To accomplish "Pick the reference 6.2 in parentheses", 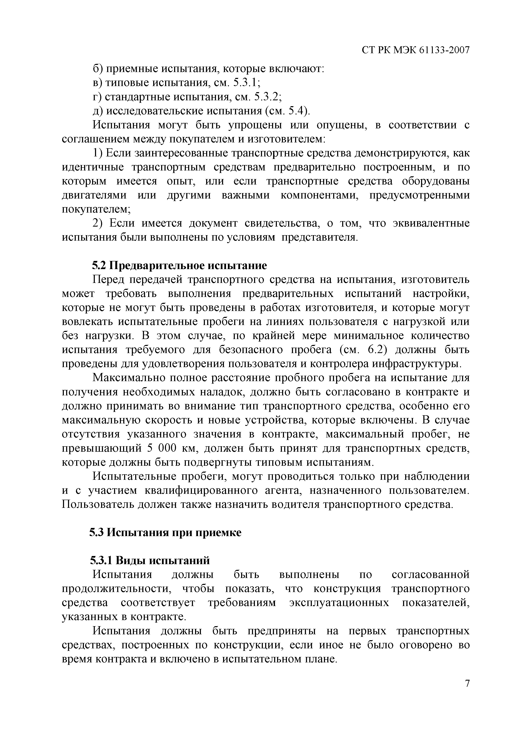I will click(375, 350).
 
